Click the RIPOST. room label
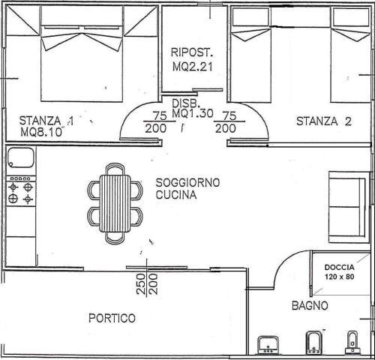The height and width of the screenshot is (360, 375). [192, 52]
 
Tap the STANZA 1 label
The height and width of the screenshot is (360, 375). [46, 121]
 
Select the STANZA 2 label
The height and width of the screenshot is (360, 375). [324, 121]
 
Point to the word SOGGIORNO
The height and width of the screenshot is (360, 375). [187, 183]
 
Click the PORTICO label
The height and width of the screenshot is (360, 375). [112, 318]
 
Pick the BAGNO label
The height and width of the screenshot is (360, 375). [310, 305]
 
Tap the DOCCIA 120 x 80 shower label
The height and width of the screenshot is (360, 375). [339, 272]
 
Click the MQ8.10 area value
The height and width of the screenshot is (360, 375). [41, 132]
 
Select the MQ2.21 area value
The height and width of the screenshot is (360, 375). [193, 67]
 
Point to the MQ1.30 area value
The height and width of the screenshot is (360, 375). [193, 113]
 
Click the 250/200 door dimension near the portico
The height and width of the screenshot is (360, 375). [147, 284]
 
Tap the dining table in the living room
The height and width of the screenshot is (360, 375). [115, 203]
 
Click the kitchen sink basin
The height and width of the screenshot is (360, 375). [21, 157]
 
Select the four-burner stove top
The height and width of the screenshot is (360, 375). [21, 190]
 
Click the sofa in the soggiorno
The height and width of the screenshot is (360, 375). [349, 207]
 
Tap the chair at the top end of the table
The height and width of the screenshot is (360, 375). [115, 169]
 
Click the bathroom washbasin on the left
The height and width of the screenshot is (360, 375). [268, 345]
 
